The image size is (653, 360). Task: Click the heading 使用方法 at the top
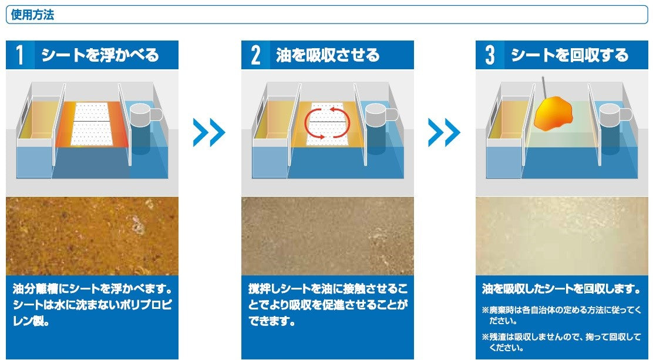click(x=32, y=15)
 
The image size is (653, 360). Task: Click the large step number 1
click(x=19, y=55)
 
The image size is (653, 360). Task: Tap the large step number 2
click(x=255, y=55)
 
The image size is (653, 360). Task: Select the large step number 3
click(x=490, y=55)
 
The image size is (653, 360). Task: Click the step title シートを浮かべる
click(x=100, y=55)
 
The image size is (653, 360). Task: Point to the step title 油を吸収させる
click(x=328, y=55)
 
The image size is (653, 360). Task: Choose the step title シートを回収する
click(x=569, y=55)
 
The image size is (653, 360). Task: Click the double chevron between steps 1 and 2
click(x=209, y=133)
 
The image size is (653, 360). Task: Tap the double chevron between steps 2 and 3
click(x=444, y=133)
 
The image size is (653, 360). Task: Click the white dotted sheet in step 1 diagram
click(x=92, y=123)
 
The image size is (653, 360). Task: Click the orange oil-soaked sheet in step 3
click(x=553, y=114)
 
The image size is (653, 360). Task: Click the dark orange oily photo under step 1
click(x=92, y=236)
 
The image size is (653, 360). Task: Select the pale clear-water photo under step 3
click(x=562, y=236)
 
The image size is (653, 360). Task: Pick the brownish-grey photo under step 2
click(x=327, y=236)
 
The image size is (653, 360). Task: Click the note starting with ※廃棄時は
click(x=561, y=315)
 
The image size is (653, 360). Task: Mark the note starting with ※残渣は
click(x=561, y=342)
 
